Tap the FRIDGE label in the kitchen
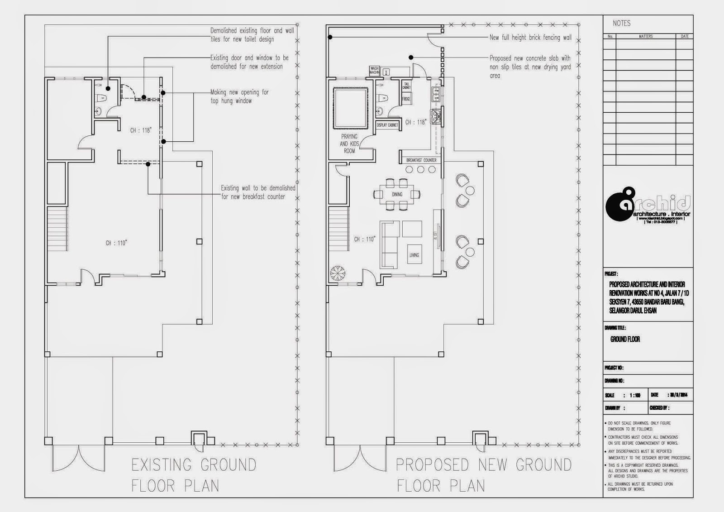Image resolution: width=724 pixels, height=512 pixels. coord(406,99)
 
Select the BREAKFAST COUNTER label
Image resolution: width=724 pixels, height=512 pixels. coord(421,160)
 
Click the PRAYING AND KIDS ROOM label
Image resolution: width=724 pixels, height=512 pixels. coord(349,144)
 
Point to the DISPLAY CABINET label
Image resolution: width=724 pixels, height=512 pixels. coord(387,125)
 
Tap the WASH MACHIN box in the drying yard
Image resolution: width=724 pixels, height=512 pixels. coord(374,71)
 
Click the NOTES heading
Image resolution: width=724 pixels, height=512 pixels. coord(621,23)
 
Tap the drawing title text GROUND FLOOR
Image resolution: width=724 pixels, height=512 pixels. coord(625,339)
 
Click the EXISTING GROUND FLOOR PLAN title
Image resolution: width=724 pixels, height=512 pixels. coord(193,475)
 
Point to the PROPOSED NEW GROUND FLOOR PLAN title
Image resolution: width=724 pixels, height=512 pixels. coord(483,475)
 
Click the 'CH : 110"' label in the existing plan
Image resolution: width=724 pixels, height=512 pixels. coord(116,243)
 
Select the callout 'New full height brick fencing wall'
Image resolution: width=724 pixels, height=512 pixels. coord(530,38)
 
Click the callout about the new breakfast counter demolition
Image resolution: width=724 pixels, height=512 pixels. coord(258,192)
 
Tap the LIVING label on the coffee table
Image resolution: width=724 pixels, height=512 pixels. coord(414,255)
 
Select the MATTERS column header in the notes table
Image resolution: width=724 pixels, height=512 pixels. coord(645,36)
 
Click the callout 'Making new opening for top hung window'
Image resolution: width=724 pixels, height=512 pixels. coord(239,96)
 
